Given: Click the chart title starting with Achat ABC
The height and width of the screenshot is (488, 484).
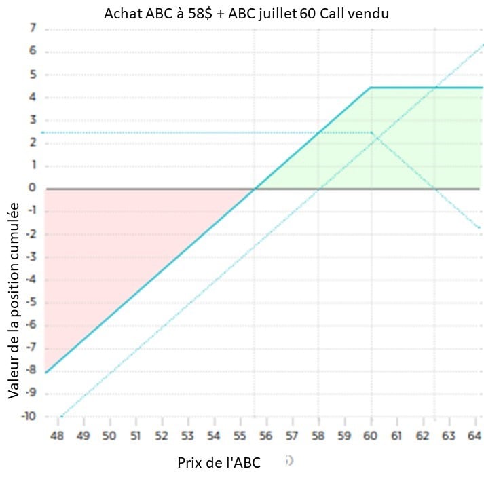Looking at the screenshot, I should point(246,13).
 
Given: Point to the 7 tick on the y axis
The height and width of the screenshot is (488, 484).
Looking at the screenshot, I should point(32,29).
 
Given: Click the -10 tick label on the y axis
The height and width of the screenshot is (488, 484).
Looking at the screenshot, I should point(28,416).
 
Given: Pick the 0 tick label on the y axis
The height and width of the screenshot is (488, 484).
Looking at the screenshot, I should point(32,188).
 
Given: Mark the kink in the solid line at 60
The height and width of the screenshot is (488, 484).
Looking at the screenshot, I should point(370,88).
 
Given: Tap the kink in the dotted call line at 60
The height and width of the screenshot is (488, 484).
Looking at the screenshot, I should point(371,133).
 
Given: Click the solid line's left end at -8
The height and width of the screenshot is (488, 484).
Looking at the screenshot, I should point(45,372).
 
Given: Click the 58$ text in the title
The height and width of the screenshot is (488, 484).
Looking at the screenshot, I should point(196,13).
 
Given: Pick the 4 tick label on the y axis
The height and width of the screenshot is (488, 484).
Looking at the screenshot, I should point(32,97).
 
